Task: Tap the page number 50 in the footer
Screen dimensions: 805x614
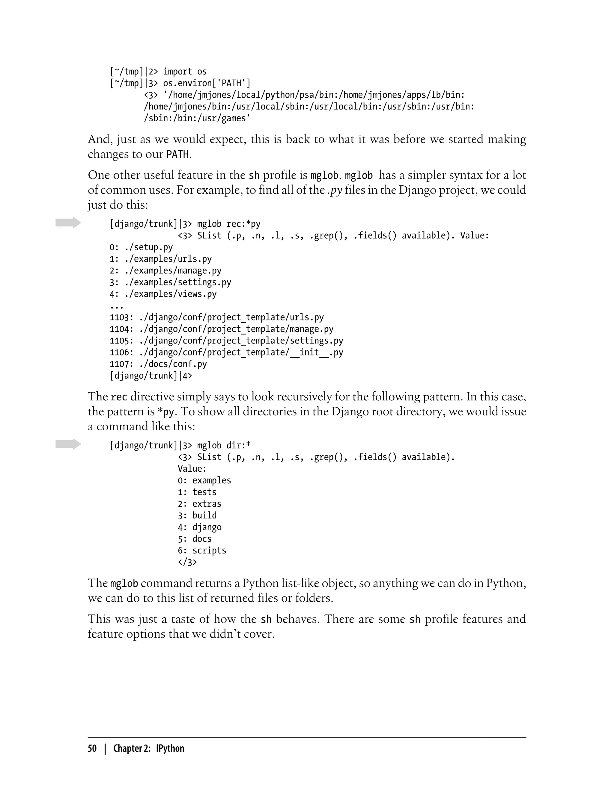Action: click(92, 748)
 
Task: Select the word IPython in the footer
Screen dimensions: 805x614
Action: click(170, 748)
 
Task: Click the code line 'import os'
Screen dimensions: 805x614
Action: click(185, 72)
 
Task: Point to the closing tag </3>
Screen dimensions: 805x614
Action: click(187, 562)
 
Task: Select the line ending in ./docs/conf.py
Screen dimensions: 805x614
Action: click(158, 364)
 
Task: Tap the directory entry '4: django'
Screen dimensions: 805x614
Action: click(200, 527)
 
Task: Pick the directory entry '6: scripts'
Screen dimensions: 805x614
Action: click(202, 550)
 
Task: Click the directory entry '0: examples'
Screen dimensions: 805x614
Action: click(204, 480)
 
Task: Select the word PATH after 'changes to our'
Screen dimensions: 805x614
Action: click(177, 155)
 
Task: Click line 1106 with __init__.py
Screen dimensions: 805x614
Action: click(226, 352)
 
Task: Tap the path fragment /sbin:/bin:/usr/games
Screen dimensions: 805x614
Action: click(197, 118)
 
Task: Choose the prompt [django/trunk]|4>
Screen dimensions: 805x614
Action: click(151, 376)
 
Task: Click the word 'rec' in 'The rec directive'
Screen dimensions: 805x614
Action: click(119, 397)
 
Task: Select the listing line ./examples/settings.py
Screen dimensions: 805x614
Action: click(170, 282)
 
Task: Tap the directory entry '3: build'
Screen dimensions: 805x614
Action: click(197, 515)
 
